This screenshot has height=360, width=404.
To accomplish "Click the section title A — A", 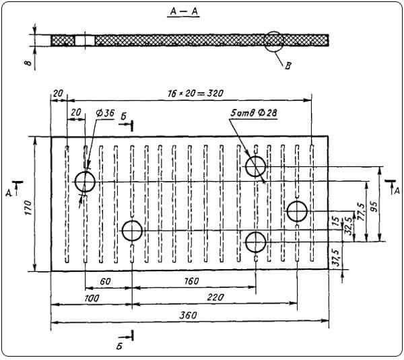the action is point(183,11).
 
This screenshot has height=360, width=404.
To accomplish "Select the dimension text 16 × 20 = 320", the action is point(195,94).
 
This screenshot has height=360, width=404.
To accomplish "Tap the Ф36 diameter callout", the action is point(105,113).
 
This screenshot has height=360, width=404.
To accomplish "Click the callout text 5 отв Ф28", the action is point(254,113).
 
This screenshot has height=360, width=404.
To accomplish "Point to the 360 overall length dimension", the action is point(188,315).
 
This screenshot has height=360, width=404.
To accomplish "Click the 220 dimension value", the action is point(215,297).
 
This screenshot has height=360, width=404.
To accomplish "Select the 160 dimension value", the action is point(191,281).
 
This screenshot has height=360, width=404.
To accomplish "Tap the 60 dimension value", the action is point(105,281).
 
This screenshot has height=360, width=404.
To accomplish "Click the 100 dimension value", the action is point(92,298).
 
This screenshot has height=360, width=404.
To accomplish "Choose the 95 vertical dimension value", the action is point(374,206).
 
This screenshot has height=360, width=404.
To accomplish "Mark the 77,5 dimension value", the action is point(362,212).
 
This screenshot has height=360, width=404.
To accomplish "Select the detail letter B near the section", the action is point(288,66).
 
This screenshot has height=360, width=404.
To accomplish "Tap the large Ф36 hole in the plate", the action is point(85,182).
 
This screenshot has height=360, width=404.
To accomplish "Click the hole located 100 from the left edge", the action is point(132,231).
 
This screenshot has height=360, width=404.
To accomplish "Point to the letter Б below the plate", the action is point(119,347).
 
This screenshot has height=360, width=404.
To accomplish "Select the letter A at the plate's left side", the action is point(9,193).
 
